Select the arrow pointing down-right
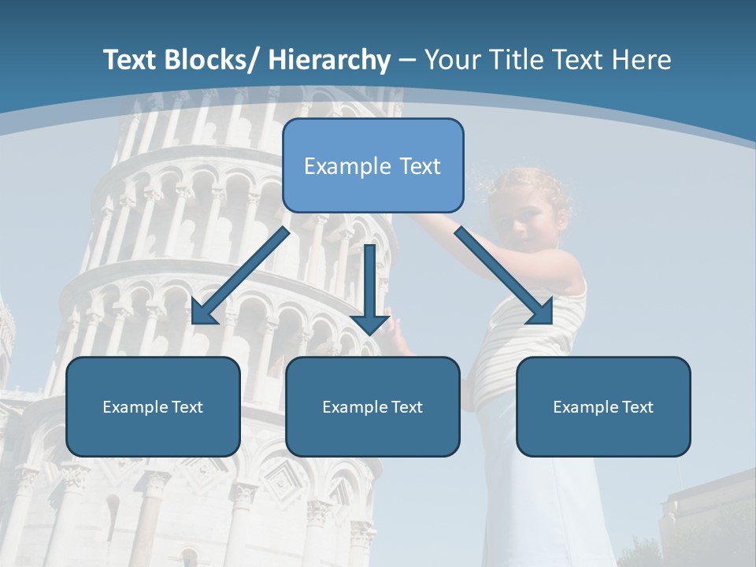coord(502,274)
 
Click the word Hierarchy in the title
coord(329,60)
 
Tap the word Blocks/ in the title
coord(210,60)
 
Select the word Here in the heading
coord(643,60)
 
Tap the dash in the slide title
coord(407,60)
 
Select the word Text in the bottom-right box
coord(636,407)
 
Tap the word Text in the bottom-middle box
coord(406,407)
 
